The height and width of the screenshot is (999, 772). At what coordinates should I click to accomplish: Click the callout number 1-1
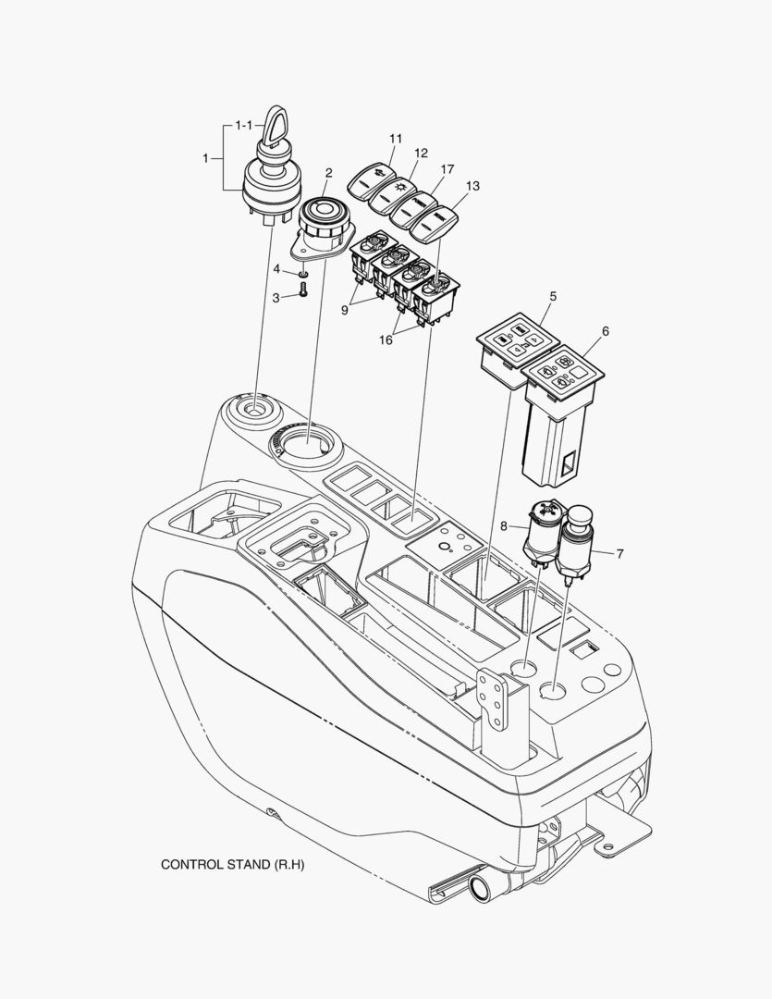243,124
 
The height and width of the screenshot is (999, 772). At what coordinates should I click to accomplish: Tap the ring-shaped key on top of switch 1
277,127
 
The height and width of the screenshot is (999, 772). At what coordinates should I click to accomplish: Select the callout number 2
327,172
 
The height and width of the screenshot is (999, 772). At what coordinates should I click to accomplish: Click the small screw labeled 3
302,295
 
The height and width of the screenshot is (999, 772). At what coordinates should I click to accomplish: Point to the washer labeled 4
302,275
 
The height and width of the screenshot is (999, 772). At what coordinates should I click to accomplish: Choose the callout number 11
396,139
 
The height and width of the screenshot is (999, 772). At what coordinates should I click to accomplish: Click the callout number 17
447,169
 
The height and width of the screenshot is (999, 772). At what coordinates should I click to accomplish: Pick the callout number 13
472,186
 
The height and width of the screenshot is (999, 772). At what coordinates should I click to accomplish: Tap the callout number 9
344,311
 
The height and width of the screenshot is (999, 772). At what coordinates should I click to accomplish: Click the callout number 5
552,297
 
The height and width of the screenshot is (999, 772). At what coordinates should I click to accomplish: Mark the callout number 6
605,331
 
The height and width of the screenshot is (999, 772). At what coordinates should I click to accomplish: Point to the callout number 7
619,553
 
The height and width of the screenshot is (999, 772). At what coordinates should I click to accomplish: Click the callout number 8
503,525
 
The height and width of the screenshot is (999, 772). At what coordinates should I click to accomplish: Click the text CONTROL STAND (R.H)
232,865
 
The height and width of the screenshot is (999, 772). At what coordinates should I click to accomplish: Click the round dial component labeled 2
322,223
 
